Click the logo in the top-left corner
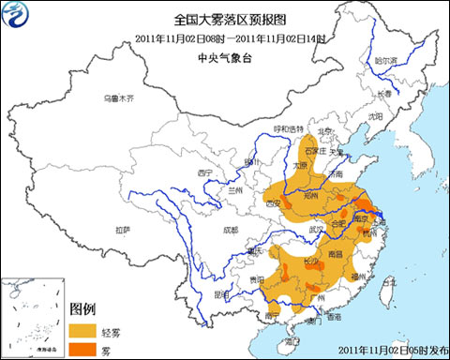click(18, 17)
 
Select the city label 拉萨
click(123, 230)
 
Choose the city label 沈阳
click(376, 116)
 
